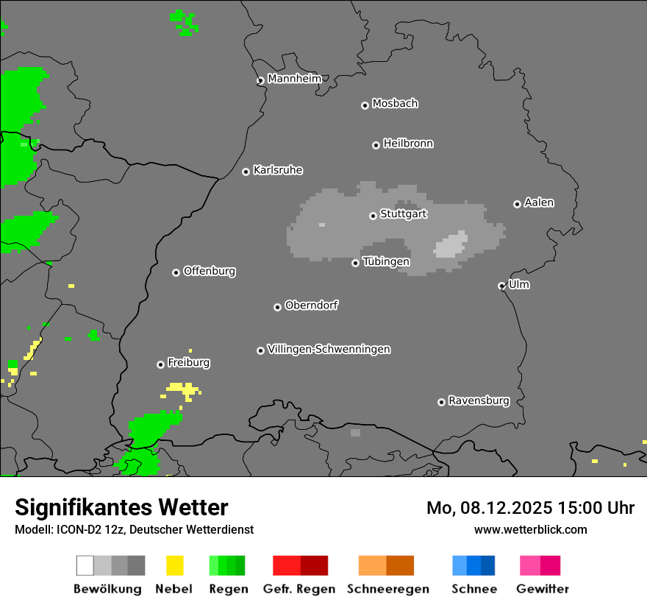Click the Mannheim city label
[x=295, y=79]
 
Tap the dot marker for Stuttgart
[x=373, y=216]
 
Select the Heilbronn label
[x=408, y=144]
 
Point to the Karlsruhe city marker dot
[x=246, y=172]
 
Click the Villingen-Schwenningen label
[x=329, y=349]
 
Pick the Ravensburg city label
[x=479, y=400]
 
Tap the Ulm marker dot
[x=501, y=286]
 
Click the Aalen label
[x=539, y=202]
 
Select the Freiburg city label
[x=188, y=362]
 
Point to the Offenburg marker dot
[x=176, y=272]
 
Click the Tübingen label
[x=386, y=261]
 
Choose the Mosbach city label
[x=395, y=104]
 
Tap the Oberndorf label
[x=312, y=305]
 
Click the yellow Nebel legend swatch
[x=174, y=565]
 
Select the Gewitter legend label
[x=543, y=589]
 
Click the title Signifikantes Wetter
[x=121, y=507]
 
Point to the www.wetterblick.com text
[x=530, y=529]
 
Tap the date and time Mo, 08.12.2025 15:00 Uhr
[x=530, y=508]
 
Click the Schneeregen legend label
[x=387, y=589]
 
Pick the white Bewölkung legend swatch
[x=85, y=565]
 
